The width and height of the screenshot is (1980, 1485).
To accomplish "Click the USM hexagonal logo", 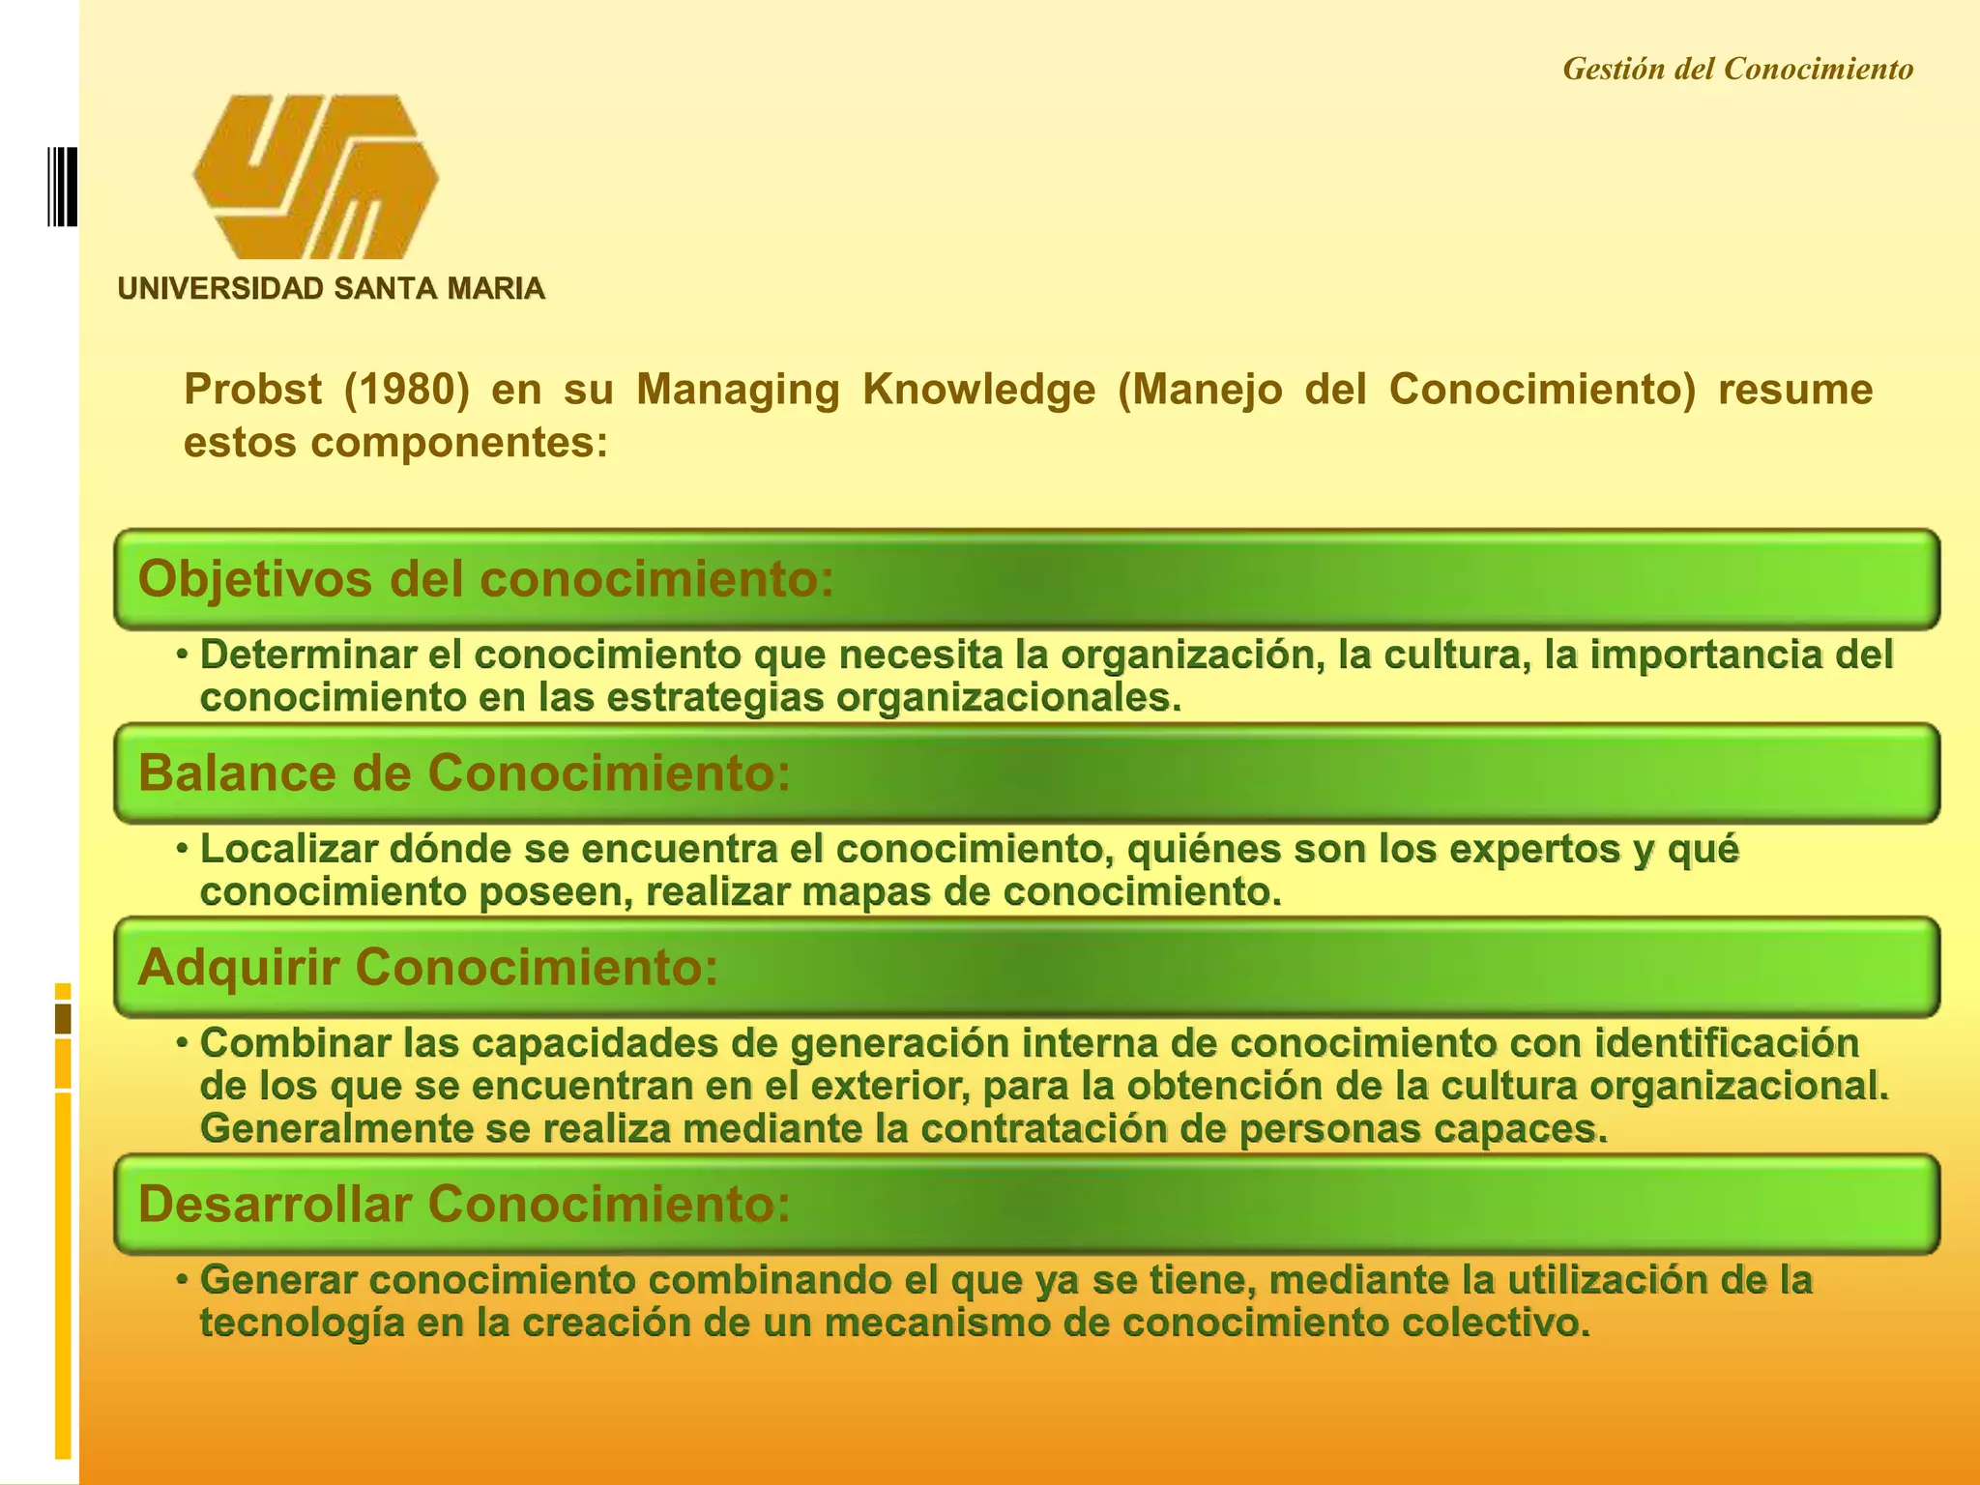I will coord(315,177).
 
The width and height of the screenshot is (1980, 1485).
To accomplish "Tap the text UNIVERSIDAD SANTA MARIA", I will coord(331,288).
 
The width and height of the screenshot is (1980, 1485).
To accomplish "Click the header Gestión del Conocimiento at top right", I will coord(1737,69).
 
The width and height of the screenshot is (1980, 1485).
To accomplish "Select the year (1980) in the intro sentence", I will coord(406,390).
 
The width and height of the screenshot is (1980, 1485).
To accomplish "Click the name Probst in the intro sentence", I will coord(252,390).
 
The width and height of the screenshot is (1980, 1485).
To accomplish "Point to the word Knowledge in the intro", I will coord(978,390).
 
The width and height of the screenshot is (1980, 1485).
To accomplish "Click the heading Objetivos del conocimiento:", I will coord(485,579).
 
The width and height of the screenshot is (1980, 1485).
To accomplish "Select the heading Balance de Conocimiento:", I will coord(464,773).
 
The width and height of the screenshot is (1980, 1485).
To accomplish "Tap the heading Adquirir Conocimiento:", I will coord(428,967).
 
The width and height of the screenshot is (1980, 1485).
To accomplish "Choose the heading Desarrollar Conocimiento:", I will coord(464,1204).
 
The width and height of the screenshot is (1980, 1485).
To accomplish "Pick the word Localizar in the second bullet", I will coord(288,849).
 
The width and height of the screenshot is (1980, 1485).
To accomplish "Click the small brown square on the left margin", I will coord(64,1018).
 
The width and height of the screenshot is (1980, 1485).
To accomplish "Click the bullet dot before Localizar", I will coord(182,849).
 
